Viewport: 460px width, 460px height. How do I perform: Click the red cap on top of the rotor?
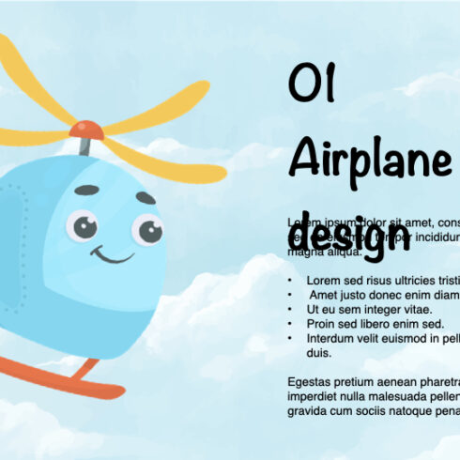click(87, 128)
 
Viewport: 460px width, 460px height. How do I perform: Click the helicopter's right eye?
click(146, 228)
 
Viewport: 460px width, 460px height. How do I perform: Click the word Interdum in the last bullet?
click(331, 337)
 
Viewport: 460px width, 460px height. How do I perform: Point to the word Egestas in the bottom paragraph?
click(312, 382)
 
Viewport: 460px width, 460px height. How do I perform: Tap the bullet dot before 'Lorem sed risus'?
click(292, 281)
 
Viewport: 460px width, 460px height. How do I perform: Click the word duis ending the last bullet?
click(319, 353)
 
